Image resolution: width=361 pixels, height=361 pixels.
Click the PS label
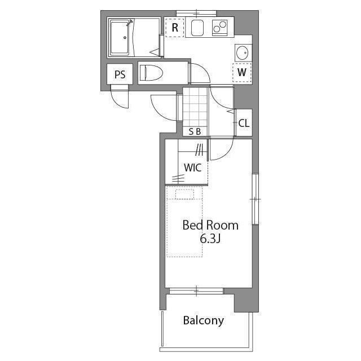120,74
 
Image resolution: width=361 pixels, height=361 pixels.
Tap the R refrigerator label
175,28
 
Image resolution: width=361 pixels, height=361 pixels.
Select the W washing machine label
242,72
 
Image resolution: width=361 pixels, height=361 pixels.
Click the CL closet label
244,124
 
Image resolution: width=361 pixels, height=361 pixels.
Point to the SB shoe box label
195,131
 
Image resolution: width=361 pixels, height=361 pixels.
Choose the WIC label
193,168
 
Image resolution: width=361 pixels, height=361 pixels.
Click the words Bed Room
210,225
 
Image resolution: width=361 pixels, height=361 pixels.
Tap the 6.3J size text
210,239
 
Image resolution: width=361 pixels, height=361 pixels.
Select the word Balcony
203,320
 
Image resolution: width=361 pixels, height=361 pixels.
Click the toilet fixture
151,73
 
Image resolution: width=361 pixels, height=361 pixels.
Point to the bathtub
120,38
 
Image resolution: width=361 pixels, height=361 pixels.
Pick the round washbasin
243,52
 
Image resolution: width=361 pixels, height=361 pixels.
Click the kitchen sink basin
197,28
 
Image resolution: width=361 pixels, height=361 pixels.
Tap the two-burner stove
220,28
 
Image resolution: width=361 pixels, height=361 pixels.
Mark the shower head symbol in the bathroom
130,23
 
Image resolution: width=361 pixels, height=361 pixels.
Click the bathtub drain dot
125,38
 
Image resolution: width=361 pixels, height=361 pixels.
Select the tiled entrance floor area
195,107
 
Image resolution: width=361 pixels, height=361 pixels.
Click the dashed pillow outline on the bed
184,194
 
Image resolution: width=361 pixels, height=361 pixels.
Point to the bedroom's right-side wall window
255,199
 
